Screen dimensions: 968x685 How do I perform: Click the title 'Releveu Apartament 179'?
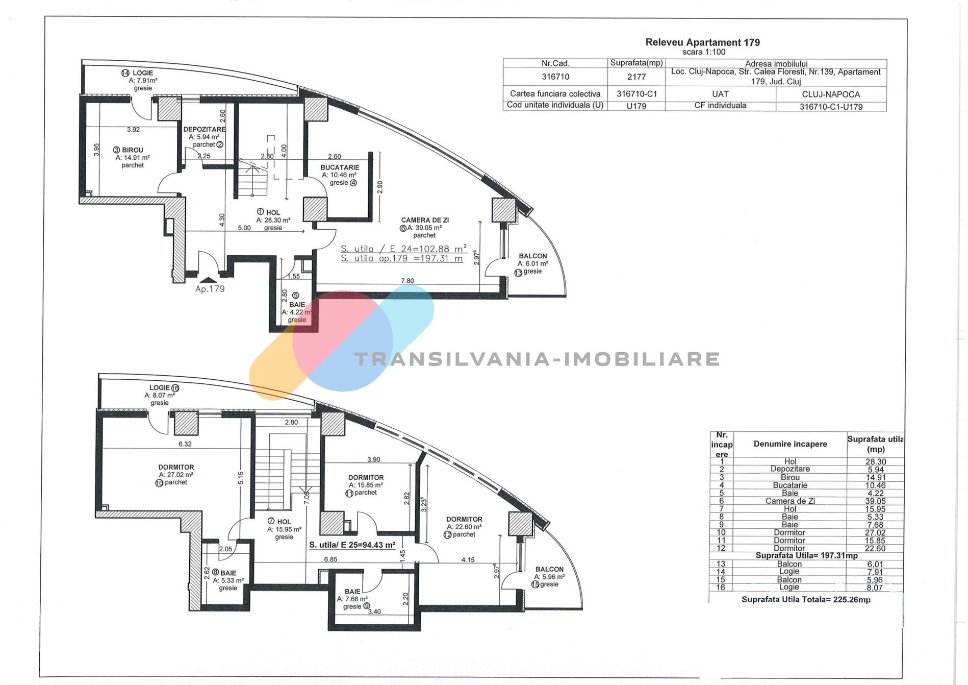tap(702, 42)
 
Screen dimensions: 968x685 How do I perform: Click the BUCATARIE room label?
tap(340, 167)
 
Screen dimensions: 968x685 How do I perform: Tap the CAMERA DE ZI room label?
tap(425, 221)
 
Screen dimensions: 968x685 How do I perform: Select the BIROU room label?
tap(133, 150)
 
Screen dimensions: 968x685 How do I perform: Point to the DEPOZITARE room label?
tap(204, 129)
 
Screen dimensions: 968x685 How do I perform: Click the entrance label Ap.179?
tap(210, 289)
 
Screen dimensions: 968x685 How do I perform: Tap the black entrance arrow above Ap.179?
tap(208, 280)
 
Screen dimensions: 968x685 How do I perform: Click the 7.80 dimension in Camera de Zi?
tap(407, 281)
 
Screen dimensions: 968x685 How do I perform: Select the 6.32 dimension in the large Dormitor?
tap(185, 444)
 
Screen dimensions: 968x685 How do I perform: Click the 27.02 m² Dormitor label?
tap(176, 475)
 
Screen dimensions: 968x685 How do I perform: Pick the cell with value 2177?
tap(636, 77)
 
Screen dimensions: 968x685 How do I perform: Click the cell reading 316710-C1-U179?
tap(831, 107)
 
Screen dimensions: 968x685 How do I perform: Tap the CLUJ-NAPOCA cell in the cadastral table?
tap(831, 94)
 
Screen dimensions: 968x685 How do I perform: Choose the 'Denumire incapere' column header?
tap(791, 444)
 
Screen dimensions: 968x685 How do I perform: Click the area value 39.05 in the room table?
tap(875, 501)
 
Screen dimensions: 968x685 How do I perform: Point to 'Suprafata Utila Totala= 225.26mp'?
tap(806, 600)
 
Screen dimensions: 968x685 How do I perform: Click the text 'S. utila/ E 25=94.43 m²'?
tap(352, 545)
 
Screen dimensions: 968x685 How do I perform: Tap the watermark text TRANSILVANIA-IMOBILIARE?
tap(537, 359)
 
